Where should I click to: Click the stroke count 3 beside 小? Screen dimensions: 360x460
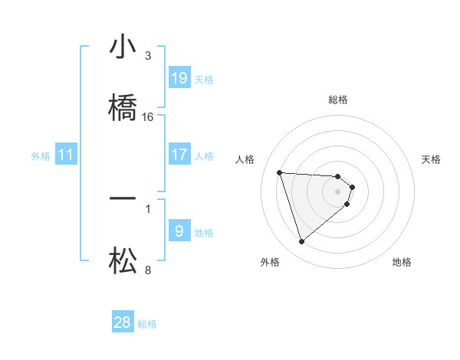[148, 56]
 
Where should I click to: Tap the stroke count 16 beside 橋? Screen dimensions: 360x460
[148, 116]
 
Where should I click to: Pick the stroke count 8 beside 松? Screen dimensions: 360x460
[148, 270]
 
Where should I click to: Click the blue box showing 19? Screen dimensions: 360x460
[179, 78]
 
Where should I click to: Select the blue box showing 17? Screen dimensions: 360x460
[179, 155]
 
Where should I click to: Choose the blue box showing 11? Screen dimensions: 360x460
[66, 155]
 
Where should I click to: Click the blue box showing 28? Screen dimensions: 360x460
[123, 322]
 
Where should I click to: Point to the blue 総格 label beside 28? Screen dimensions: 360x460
[147, 324]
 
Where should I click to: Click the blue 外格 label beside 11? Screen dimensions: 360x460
[41, 156]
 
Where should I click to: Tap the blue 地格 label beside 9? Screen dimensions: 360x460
[204, 233]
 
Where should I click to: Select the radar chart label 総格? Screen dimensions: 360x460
[338, 100]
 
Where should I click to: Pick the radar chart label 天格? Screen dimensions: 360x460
[432, 159]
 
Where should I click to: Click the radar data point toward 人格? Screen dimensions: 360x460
[279, 172]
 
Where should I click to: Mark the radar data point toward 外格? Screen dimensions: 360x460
[301, 242]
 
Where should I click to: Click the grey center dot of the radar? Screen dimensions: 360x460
[338, 191]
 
